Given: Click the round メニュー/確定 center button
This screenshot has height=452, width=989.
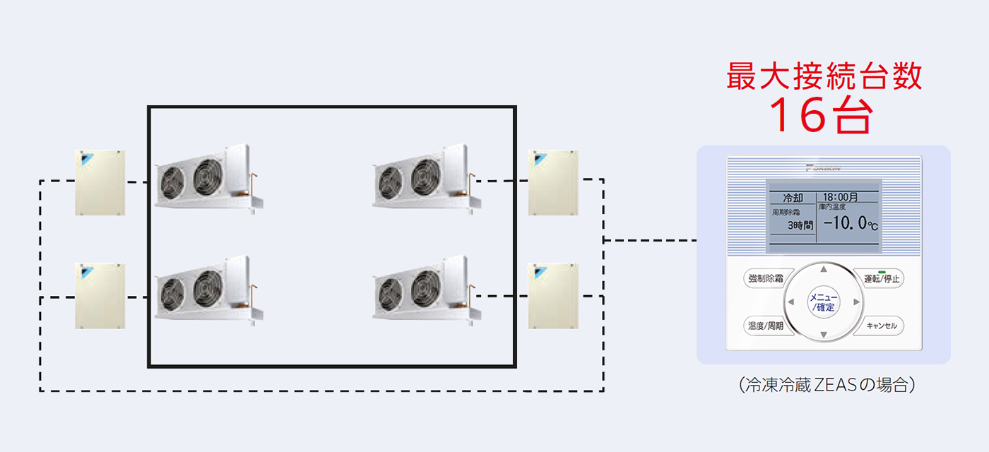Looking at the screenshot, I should [823, 302].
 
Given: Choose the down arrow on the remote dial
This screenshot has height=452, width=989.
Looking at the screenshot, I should [823, 335].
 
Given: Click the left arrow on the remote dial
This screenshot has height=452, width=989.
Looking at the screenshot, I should [791, 302].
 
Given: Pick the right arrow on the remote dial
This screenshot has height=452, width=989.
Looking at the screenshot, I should [855, 302].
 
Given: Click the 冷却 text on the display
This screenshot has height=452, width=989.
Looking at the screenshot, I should [793, 198].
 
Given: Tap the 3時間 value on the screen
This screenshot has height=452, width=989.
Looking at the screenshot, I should [800, 225].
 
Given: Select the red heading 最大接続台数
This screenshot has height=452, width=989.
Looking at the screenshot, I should [824, 76].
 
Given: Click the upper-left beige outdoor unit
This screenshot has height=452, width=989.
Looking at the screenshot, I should [100, 182].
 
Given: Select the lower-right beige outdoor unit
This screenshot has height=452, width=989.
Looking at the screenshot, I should [553, 295].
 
